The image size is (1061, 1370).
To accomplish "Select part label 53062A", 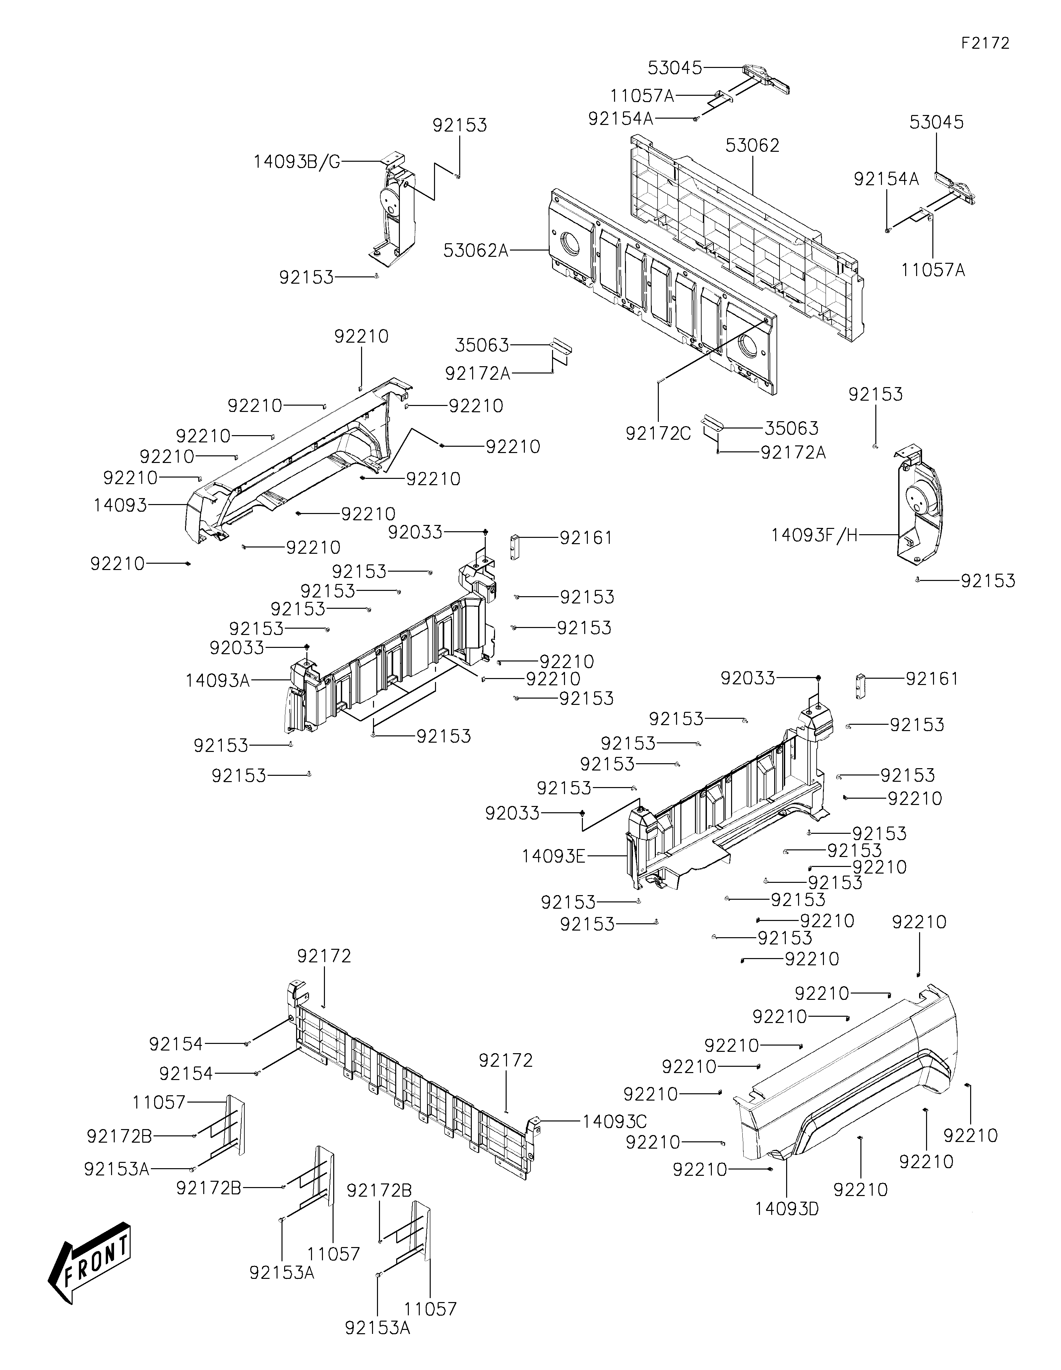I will coord(475,250).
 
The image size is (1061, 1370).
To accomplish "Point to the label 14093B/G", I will coord(297,162).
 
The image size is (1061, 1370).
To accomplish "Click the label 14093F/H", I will coord(814,535).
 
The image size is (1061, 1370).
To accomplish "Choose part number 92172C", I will coord(657,433).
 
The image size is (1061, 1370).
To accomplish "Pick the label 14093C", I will coord(614,1121).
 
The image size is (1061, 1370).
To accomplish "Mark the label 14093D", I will coord(787,1209).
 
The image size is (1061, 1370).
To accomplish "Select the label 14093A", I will coord(218,680).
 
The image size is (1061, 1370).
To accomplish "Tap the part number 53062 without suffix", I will coord(752,145).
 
